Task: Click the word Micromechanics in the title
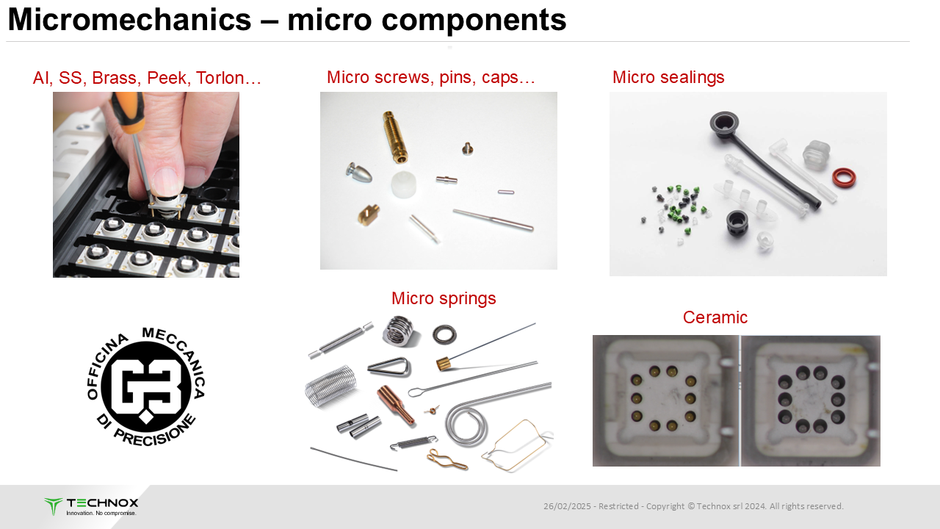(129, 20)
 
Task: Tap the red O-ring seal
(844, 178)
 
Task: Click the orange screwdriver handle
(129, 112)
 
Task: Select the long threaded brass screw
(395, 137)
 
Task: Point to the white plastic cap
(404, 184)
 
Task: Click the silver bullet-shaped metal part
(360, 172)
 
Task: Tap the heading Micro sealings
(668, 77)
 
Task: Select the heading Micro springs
(444, 298)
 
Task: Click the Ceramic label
(715, 317)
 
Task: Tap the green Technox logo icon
(54, 506)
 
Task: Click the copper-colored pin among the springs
(396, 405)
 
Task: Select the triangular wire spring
(389, 367)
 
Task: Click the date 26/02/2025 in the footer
(567, 506)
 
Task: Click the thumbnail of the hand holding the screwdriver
(146, 184)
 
